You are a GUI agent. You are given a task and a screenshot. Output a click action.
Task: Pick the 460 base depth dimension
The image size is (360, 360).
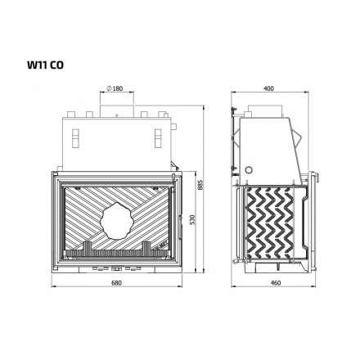276,284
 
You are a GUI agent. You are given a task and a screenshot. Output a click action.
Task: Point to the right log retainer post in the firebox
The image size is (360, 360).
146,245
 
